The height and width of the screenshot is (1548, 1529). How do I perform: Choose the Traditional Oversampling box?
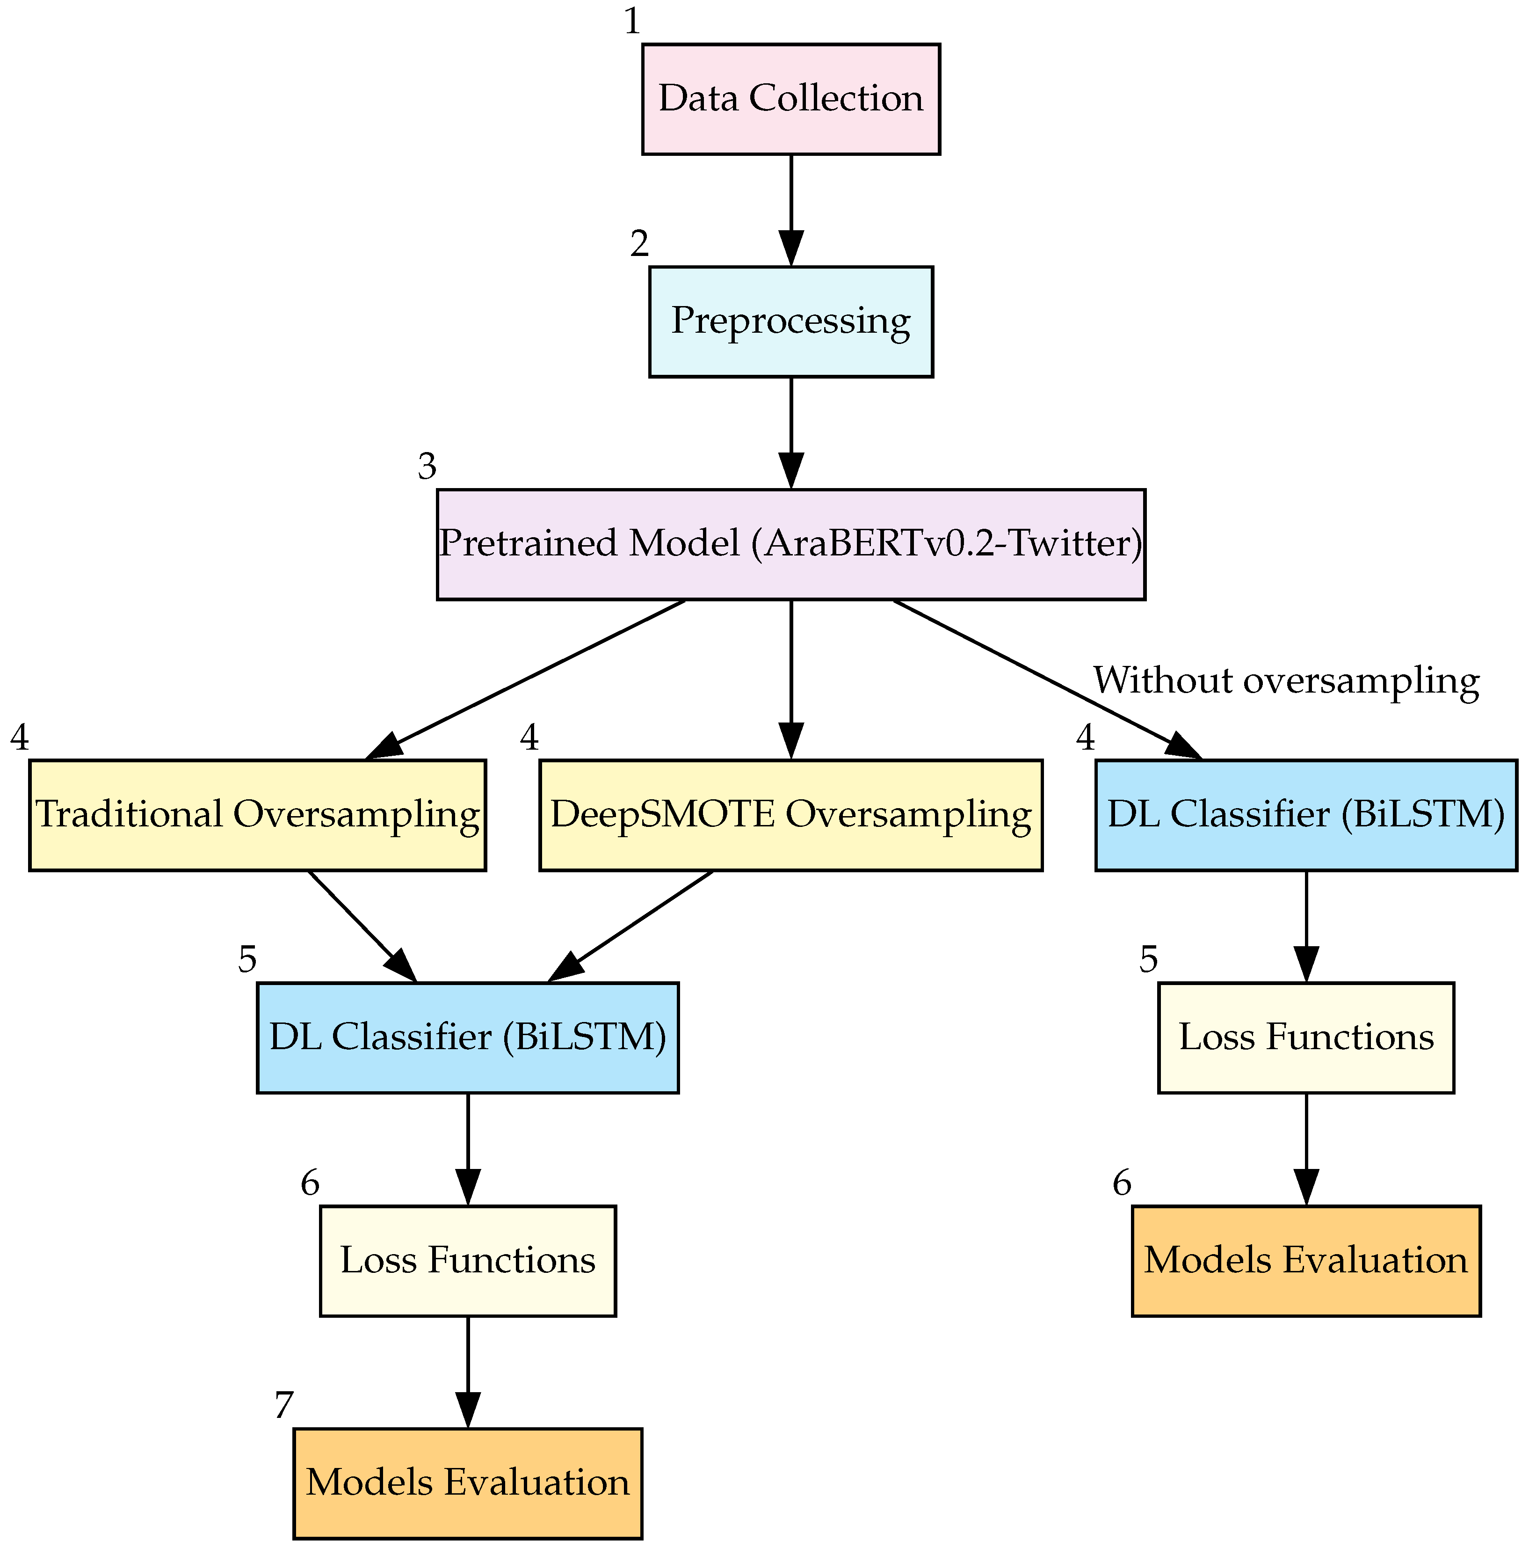[257, 815]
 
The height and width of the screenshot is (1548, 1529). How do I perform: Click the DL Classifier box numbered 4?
[1305, 815]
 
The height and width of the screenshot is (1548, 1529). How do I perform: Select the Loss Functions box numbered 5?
[1305, 1037]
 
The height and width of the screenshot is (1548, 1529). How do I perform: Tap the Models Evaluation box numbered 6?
[1305, 1260]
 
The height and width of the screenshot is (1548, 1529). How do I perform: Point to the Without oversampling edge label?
[1285, 681]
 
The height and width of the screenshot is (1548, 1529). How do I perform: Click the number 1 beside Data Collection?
[632, 22]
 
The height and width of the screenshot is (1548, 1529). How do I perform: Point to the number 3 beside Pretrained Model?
[427, 467]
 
